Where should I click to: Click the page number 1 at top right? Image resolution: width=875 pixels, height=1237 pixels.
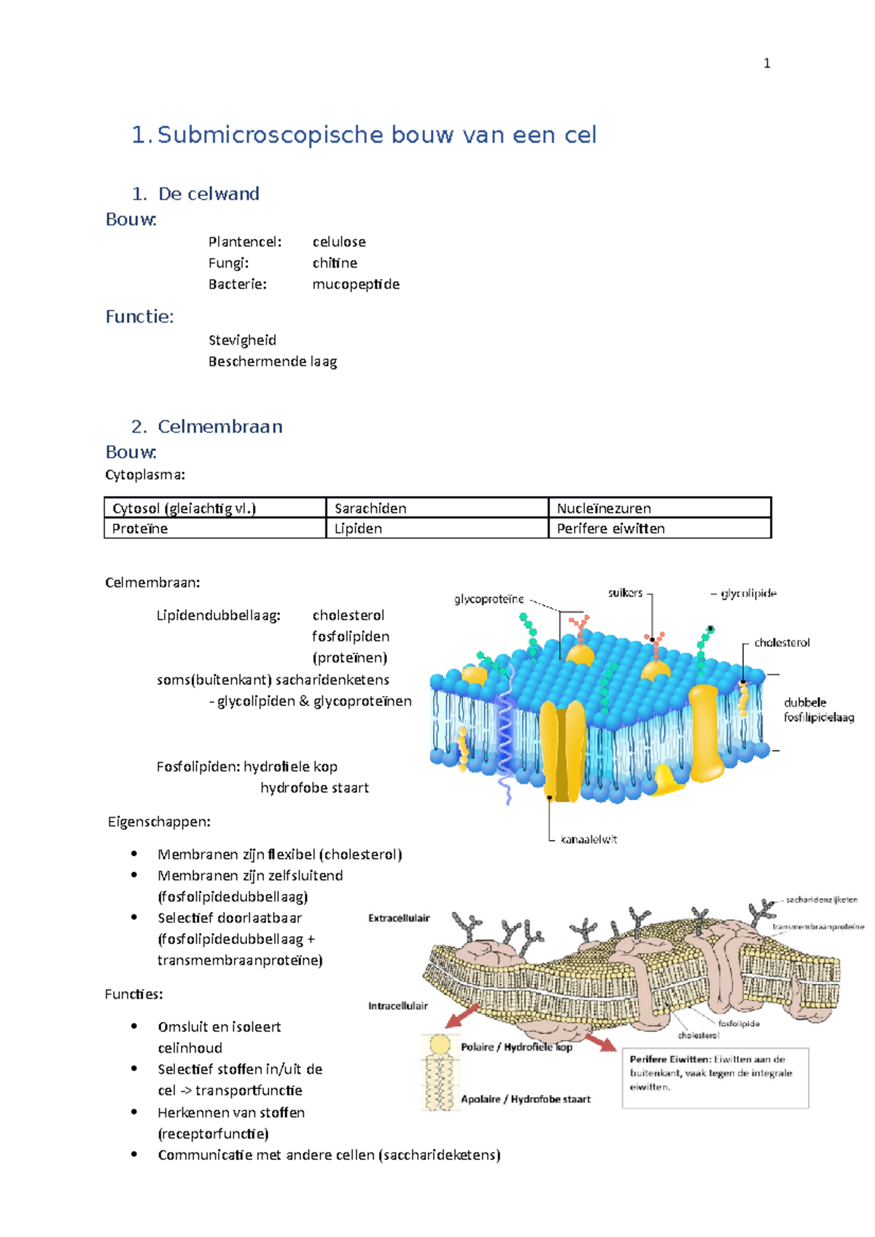pyautogui.click(x=766, y=63)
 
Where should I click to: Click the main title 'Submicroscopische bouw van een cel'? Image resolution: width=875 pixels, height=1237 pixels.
pyautogui.click(x=377, y=135)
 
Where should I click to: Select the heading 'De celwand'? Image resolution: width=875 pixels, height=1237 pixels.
pyautogui.click(x=208, y=194)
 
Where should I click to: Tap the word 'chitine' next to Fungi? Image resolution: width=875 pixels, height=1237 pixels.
pyautogui.click(x=335, y=263)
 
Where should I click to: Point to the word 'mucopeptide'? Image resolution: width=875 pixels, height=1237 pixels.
pyautogui.click(x=356, y=284)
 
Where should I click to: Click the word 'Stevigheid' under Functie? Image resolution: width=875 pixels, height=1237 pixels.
pyautogui.click(x=242, y=340)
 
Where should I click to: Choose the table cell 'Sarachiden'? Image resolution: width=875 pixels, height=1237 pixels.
pyautogui.click(x=370, y=508)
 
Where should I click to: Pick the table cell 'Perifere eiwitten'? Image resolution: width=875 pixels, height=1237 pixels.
pyautogui.click(x=610, y=529)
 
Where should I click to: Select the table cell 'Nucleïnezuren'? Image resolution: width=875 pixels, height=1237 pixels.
pyautogui.click(x=604, y=508)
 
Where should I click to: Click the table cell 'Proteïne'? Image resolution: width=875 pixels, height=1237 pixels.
pyautogui.click(x=140, y=529)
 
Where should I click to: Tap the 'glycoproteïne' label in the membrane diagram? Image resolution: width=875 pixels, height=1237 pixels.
pyautogui.click(x=489, y=600)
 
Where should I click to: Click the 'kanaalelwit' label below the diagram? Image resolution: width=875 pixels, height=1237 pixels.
pyautogui.click(x=588, y=839)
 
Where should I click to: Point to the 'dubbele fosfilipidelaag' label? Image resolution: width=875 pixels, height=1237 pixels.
pyautogui.click(x=818, y=710)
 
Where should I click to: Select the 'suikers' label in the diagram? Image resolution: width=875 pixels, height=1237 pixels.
pyautogui.click(x=625, y=593)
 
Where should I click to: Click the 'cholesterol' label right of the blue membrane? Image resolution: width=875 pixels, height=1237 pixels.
pyautogui.click(x=782, y=643)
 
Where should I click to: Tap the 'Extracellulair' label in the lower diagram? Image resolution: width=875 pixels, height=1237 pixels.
pyautogui.click(x=399, y=918)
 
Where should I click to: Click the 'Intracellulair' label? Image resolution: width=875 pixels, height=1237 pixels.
pyautogui.click(x=397, y=1006)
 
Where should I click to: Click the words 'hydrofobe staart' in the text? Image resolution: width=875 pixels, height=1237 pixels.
pyautogui.click(x=314, y=788)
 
